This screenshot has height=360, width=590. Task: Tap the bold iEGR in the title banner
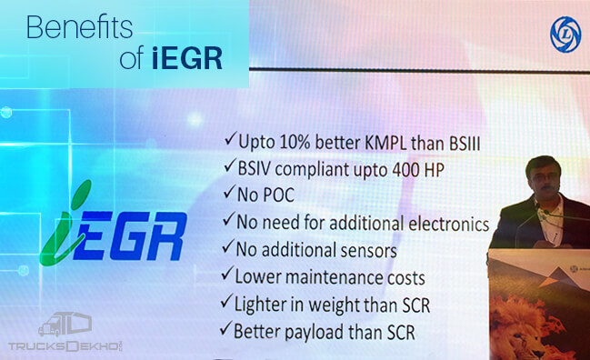click(195, 59)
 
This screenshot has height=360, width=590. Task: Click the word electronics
click(442, 222)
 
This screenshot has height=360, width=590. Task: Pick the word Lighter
click(265, 303)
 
